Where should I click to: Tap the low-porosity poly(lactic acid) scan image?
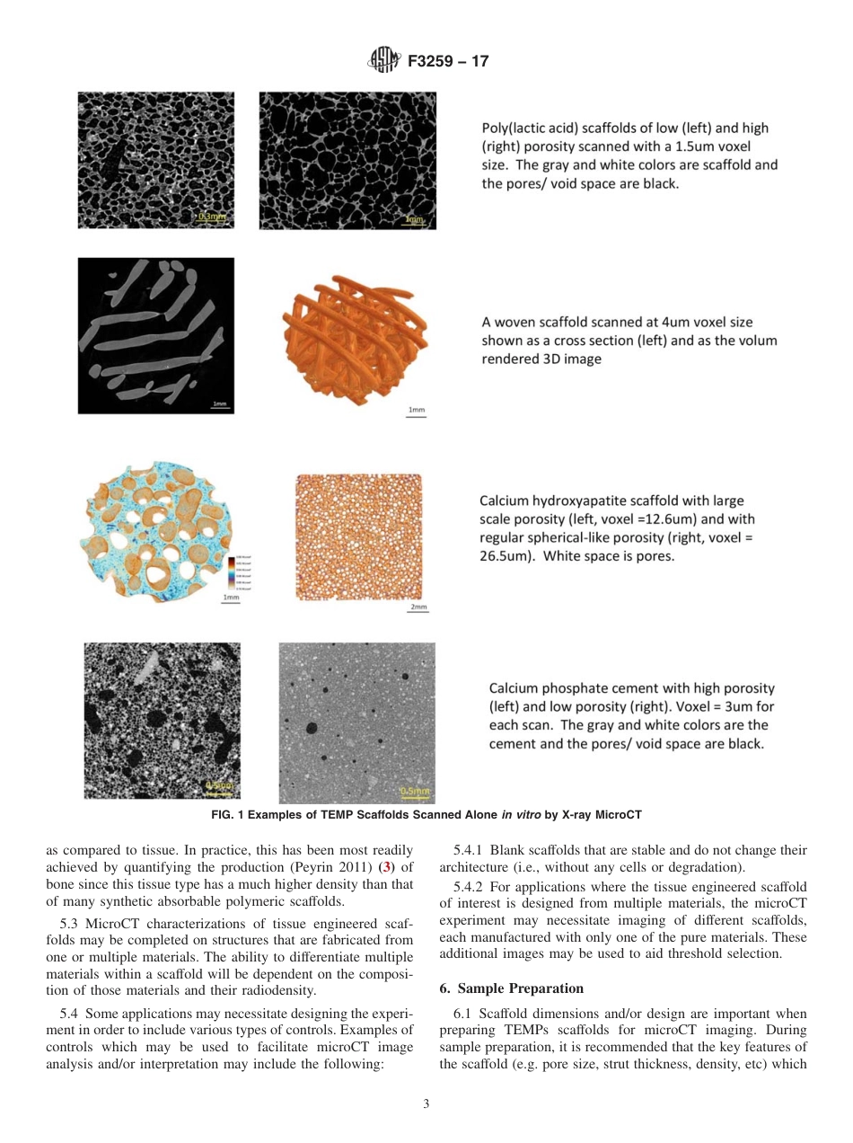click(x=155, y=160)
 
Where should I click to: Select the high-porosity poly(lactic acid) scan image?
click(x=347, y=160)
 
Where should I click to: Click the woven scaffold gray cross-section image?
click(x=155, y=335)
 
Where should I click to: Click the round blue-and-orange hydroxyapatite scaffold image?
click(x=156, y=527)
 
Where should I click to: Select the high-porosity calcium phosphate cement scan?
click(x=162, y=720)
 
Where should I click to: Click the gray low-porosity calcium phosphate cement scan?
click(x=356, y=722)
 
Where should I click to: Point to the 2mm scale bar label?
click(x=418, y=608)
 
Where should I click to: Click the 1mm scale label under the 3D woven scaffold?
click(x=416, y=411)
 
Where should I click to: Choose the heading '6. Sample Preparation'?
click(x=511, y=988)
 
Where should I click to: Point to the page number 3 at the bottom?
click(x=426, y=1104)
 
